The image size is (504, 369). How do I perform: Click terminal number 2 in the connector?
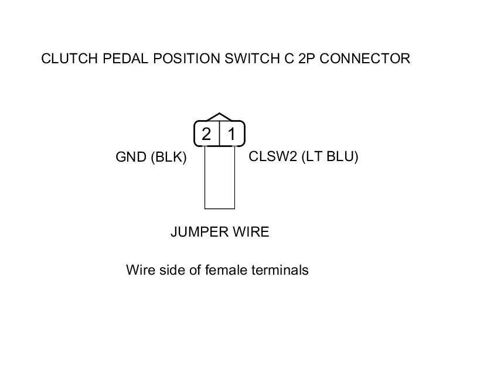206,135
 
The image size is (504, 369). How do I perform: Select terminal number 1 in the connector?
231,135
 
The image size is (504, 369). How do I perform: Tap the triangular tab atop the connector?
219,117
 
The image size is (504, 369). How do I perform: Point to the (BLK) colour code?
169,158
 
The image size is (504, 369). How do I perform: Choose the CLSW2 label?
273,157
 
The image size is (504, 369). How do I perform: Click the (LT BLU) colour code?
329,157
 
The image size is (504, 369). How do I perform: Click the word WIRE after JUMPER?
251,232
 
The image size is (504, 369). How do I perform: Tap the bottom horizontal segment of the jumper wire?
219,208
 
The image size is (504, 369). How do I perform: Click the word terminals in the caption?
280,270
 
